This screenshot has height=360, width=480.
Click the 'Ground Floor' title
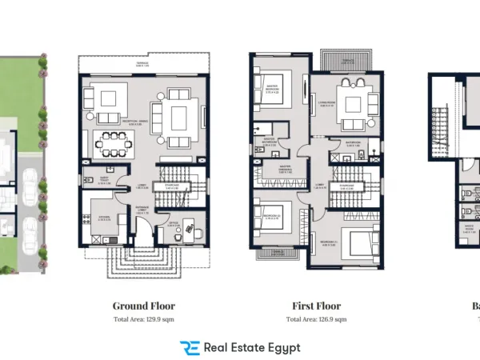pyautogui.click(x=143, y=306)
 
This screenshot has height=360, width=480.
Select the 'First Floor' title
pyautogui.click(x=316, y=306)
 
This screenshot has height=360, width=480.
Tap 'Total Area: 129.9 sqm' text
pyautogui.click(x=143, y=319)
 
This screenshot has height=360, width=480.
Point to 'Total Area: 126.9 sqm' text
pyautogui.click(x=316, y=319)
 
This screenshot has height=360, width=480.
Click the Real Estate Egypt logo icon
pyautogui.click(x=190, y=347)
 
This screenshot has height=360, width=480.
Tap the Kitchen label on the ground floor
pyautogui.click(x=104, y=217)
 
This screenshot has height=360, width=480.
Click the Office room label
pyautogui.click(x=172, y=225)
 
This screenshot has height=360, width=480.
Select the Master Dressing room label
pyautogui.click(x=278, y=168)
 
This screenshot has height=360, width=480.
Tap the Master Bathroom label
pyautogui.click(x=270, y=144)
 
